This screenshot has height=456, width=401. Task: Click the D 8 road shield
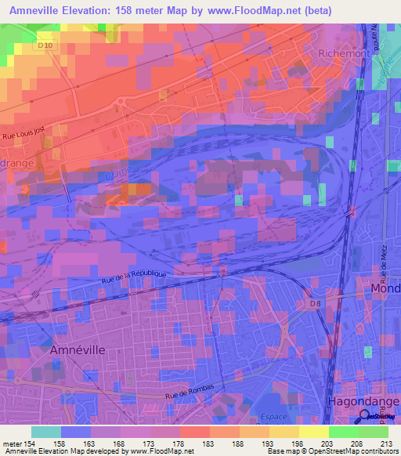(315, 302)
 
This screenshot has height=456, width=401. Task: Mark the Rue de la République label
(134, 277)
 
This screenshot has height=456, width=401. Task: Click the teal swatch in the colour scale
(46, 432)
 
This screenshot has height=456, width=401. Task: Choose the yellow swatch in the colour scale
(284, 432)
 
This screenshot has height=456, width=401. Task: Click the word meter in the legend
(13, 443)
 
